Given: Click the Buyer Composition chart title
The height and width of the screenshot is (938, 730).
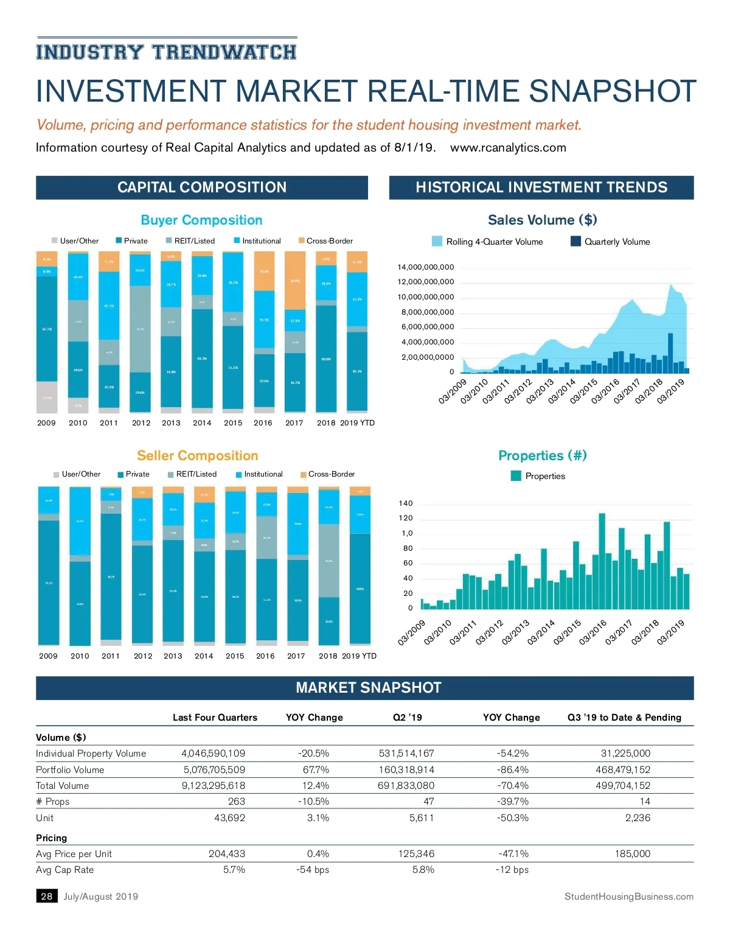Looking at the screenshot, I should pyautogui.click(x=201, y=220).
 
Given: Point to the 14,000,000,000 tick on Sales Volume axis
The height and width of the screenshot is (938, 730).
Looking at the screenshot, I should pyautogui.click(x=425, y=267).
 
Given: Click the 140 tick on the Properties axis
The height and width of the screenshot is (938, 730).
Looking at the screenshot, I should pyautogui.click(x=406, y=503).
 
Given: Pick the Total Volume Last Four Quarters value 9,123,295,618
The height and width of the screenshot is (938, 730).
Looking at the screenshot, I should pyautogui.click(x=214, y=786).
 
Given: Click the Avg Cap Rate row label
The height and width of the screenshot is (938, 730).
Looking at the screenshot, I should pyautogui.click(x=65, y=870).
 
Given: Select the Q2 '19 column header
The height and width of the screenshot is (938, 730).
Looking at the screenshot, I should pyautogui.click(x=407, y=718).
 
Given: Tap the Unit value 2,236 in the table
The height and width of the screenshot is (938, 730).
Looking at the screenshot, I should pyautogui.click(x=638, y=818).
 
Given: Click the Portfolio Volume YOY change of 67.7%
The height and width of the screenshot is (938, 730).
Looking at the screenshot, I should pyautogui.click(x=316, y=770).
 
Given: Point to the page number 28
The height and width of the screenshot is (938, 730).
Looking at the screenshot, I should pyautogui.click(x=47, y=897).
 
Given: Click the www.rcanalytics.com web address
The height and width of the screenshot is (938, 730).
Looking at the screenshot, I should pyautogui.click(x=508, y=148).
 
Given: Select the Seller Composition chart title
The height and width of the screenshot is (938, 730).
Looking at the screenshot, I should pyautogui.click(x=198, y=456).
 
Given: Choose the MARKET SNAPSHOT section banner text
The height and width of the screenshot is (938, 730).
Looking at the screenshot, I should pyautogui.click(x=368, y=688).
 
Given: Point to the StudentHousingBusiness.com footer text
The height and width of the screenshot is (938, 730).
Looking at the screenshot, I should pyautogui.click(x=628, y=897).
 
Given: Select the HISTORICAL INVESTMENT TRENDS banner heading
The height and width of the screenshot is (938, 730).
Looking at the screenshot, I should pyautogui.click(x=541, y=187).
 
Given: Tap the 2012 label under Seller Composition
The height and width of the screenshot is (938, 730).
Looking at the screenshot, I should pyautogui.click(x=143, y=656).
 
